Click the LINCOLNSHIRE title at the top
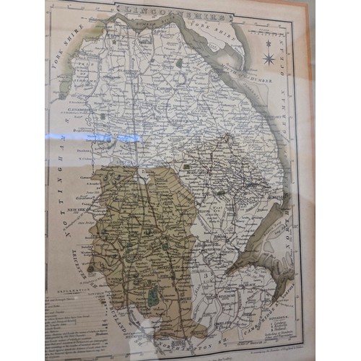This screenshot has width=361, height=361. tap(173, 13)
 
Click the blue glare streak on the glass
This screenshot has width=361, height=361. tap(119, 137)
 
